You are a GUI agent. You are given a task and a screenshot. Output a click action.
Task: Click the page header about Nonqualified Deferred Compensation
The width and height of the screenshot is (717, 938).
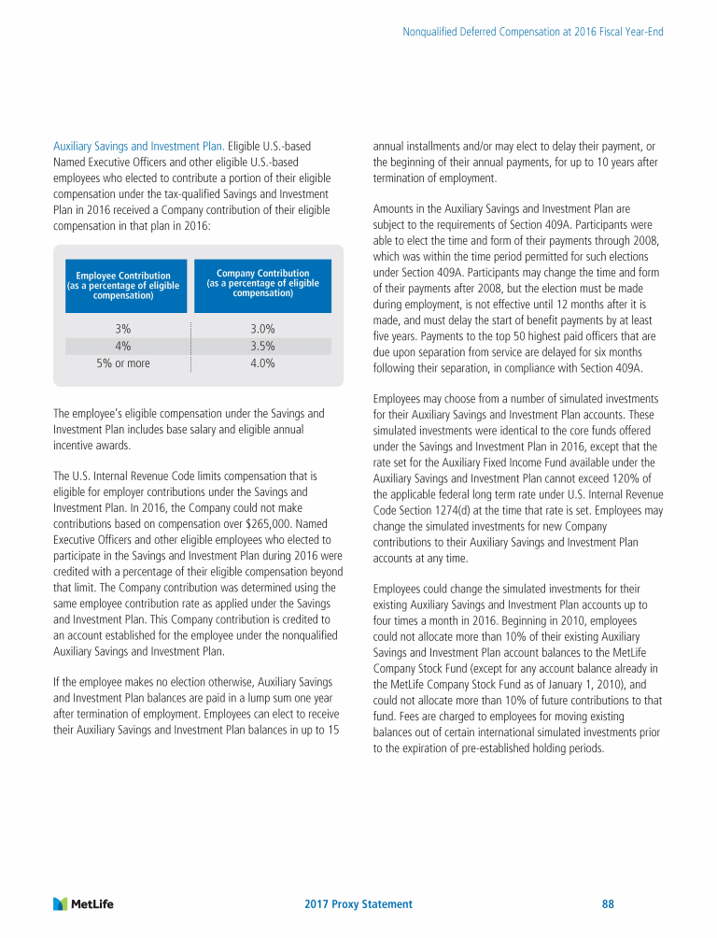532,32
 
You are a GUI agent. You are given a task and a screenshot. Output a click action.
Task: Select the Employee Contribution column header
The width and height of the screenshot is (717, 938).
123,285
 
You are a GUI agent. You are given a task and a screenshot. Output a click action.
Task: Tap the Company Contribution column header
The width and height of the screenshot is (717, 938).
262,282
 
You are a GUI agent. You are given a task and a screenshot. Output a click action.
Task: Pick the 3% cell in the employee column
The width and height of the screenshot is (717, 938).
122,329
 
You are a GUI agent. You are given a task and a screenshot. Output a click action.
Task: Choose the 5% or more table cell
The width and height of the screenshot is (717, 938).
122,363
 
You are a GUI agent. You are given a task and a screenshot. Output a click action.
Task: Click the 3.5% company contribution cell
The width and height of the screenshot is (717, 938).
262,347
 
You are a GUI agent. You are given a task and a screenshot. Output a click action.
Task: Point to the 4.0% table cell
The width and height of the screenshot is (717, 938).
262,363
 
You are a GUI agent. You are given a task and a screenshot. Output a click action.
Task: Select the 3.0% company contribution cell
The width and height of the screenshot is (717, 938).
262,329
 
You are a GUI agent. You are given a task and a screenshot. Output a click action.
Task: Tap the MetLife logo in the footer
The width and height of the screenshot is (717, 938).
90,903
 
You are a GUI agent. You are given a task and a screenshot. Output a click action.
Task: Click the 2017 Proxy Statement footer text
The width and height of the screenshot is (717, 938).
358,904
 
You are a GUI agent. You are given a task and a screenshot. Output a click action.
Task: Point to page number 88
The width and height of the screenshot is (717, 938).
608,904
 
